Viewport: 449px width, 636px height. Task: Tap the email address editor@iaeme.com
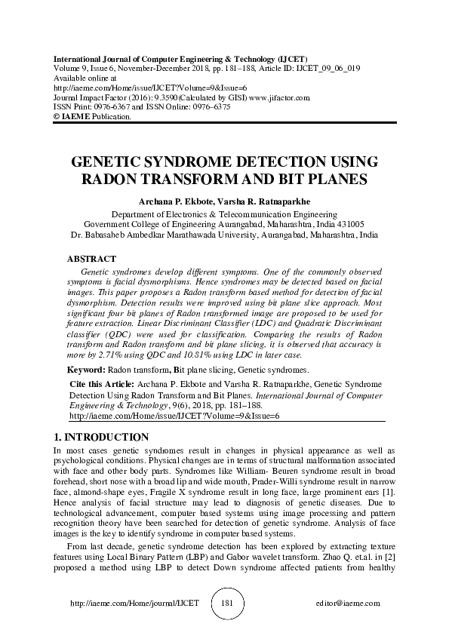349,604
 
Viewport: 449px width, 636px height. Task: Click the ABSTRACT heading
91,259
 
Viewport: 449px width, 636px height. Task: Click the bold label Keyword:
86,370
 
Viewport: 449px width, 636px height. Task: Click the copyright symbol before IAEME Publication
57,118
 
